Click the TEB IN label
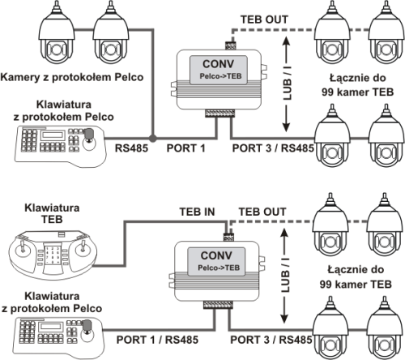coord(198,212)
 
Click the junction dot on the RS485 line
coord(153,139)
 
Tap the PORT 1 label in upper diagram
coord(185,148)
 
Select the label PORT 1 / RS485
coord(157,340)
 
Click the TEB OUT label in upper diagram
coord(264,19)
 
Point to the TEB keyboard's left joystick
coord(22,248)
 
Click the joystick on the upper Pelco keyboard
coord(89,139)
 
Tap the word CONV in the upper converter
coord(218,64)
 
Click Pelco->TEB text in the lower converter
coord(219,268)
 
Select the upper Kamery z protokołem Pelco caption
coord(72,77)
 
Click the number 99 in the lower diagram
coord(326,284)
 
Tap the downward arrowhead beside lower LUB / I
coord(284,318)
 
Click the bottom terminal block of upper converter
coord(220,113)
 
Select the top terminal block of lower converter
coord(229,237)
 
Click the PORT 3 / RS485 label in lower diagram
coord(271,340)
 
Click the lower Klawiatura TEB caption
coord(52,213)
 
